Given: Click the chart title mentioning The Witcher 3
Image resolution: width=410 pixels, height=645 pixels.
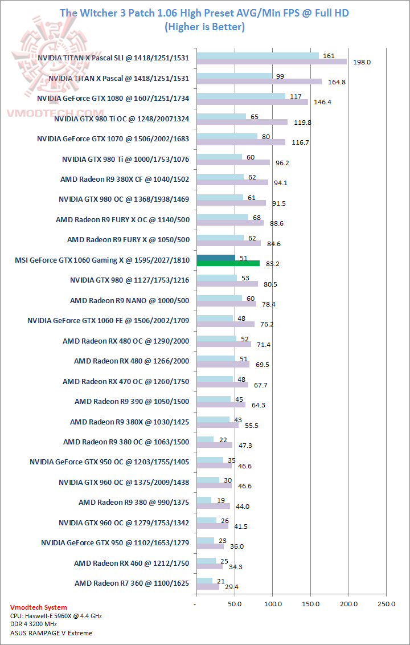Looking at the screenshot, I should [x=204, y=13].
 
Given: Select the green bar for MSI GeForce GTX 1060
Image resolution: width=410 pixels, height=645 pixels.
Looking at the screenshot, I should [x=228, y=263].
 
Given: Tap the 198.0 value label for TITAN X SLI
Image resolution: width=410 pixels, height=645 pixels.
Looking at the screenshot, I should [x=362, y=62].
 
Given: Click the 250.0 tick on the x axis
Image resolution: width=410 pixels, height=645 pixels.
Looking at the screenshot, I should [x=386, y=603].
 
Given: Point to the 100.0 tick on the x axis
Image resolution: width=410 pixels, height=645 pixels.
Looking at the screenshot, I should [x=272, y=603].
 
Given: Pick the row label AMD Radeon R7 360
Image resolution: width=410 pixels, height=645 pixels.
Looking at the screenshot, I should [x=132, y=583].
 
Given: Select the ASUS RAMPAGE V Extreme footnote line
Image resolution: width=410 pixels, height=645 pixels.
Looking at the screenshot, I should [x=51, y=632].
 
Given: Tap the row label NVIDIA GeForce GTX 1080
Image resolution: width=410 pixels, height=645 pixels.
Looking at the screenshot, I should [x=113, y=98].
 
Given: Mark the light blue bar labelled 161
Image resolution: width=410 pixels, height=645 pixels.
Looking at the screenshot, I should [x=257, y=55].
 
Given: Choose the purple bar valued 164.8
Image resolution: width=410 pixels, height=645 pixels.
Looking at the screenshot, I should [x=259, y=81].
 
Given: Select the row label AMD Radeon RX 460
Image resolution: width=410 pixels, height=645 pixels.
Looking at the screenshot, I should [x=132, y=563].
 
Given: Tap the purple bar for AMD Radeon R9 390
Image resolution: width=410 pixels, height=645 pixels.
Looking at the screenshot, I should [x=221, y=405].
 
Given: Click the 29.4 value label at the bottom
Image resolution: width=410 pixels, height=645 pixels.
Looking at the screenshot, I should [x=232, y=586].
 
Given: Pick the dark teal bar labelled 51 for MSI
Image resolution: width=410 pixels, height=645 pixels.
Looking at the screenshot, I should [x=215, y=258].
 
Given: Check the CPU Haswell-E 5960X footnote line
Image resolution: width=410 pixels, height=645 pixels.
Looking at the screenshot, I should [x=56, y=616].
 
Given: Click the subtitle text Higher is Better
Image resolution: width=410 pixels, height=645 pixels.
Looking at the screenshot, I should [x=204, y=26].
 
